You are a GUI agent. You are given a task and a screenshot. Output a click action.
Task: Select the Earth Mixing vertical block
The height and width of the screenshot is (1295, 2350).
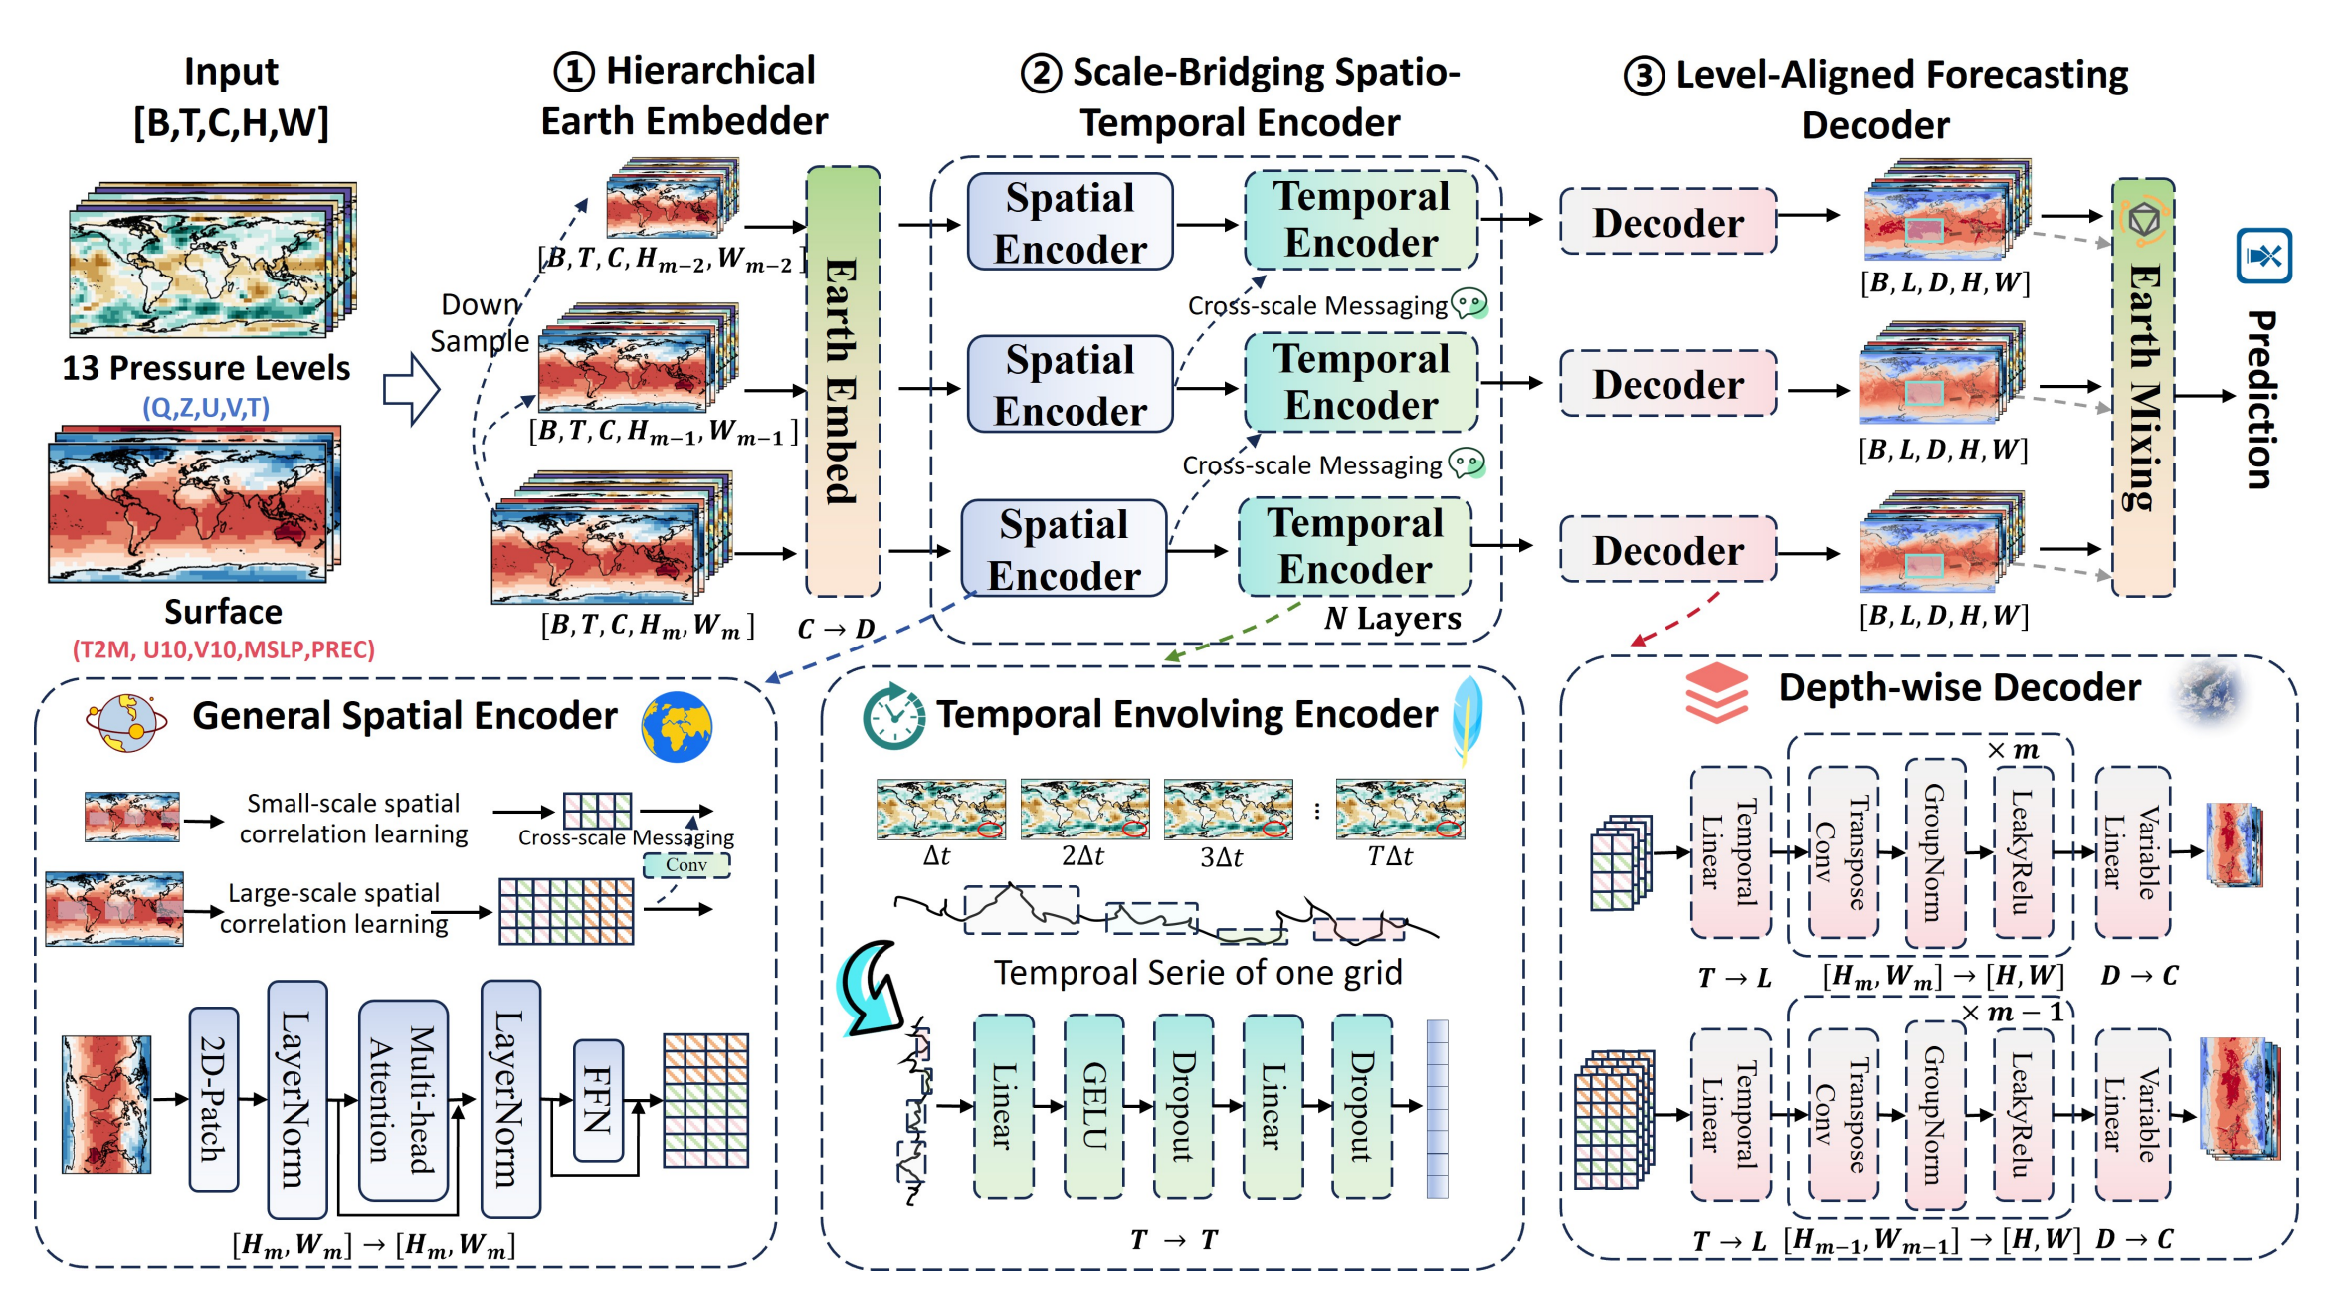click(2142, 388)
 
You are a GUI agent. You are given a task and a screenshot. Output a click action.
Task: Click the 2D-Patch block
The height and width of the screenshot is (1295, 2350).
click(213, 1098)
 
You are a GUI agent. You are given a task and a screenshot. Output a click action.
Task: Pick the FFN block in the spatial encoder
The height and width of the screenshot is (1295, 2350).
click(598, 1100)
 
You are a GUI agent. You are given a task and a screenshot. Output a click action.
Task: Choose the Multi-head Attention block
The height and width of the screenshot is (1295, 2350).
click(403, 1099)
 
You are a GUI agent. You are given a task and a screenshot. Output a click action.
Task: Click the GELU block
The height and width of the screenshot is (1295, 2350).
click(1093, 1105)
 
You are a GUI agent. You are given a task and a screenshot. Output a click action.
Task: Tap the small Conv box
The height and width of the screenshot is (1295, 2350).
click(686, 865)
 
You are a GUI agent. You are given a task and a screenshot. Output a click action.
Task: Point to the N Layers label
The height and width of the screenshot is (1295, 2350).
click(1392, 619)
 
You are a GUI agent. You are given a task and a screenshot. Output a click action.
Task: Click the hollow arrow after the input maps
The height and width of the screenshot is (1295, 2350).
click(411, 389)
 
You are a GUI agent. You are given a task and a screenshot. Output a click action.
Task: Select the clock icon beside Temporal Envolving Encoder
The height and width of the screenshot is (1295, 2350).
click(892, 716)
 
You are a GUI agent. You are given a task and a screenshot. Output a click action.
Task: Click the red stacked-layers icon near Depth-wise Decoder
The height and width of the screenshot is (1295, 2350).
click(1716, 692)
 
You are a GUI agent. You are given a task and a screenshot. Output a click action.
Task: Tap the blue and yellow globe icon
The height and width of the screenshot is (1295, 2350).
click(677, 727)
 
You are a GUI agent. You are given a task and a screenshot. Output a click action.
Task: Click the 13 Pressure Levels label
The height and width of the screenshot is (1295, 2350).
click(206, 368)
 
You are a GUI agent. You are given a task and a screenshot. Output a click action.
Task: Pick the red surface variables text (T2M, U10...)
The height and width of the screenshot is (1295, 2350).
click(223, 649)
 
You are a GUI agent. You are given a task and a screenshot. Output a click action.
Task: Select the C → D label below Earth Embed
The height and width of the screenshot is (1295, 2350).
click(836, 629)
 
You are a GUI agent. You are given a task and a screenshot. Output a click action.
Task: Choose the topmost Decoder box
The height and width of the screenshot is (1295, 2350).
click(1667, 222)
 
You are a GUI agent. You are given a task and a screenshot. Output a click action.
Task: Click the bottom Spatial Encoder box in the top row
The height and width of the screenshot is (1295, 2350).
click(1064, 549)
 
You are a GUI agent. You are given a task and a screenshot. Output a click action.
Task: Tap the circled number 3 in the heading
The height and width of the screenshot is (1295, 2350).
click(1643, 77)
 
